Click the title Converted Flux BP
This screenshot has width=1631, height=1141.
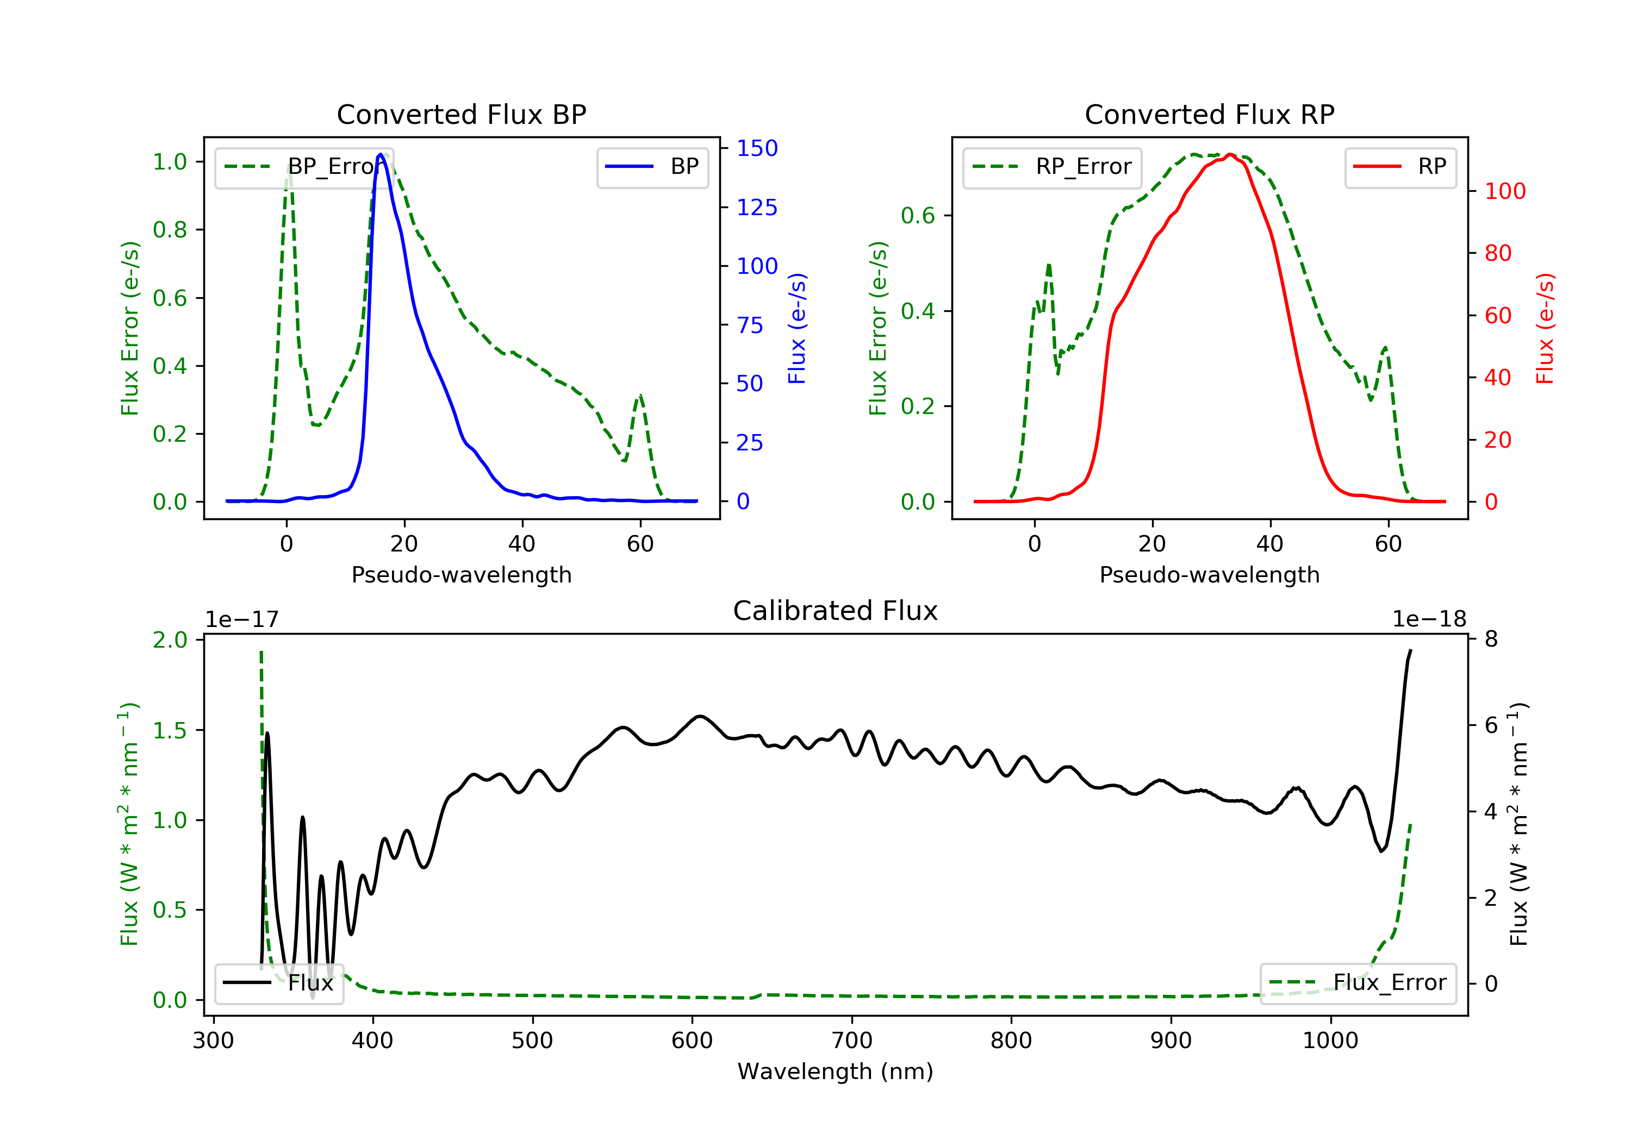click(x=461, y=114)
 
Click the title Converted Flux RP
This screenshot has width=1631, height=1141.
click(x=1209, y=114)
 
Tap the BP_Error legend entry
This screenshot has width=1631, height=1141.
click(x=304, y=167)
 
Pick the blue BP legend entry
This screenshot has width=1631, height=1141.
click(x=652, y=167)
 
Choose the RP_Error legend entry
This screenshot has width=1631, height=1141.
click(x=1052, y=167)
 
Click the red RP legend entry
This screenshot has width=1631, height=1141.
click(x=1400, y=167)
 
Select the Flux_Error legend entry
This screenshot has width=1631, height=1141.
click(x=1358, y=983)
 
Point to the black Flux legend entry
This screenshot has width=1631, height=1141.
click(x=278, y=983)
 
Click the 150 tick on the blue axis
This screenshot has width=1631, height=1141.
click(x=757, y=148)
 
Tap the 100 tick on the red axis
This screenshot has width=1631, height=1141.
click(x=1504, y=191)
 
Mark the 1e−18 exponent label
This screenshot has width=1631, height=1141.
click(x=1429, y=619)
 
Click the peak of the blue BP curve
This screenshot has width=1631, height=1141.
click(x=381, y=154)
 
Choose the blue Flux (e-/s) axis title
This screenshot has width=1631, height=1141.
click(x=797, y=328)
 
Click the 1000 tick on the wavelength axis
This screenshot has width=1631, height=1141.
click(x=1330, y=1041)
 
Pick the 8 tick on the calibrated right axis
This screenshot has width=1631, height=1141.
click(x=1490, y=639)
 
